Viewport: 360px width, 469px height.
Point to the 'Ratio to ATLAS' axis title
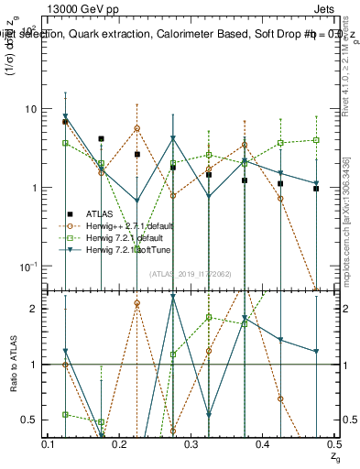click(13, 364)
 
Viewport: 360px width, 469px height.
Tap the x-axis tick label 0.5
click(333, 444)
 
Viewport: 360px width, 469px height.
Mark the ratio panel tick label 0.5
click(33, 420)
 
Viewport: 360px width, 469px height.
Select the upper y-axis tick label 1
click(37, 188)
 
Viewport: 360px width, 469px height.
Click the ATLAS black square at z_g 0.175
click(101, 139)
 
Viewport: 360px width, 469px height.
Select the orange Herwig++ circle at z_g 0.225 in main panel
click(136, 128)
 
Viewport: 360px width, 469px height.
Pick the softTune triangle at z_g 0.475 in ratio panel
click(315, 351)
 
